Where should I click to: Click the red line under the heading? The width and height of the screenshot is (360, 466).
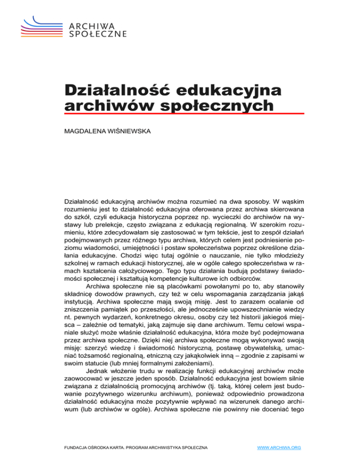click(x=184, y=113)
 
